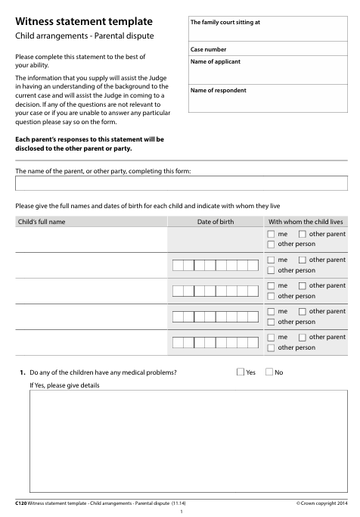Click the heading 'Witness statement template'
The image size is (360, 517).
[83, 23]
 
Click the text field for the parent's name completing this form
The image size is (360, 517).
[182, 183]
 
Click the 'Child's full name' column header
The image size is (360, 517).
[42, 222]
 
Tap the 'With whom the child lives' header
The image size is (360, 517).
[306, 222]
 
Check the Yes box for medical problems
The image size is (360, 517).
[241, 372]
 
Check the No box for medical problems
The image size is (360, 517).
[269, 372]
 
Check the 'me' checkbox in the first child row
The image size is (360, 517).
[272, 234]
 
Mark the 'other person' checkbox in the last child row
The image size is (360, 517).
[272, 347]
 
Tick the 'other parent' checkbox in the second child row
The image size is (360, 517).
[303, 260]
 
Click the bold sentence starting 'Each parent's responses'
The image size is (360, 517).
[89, 144]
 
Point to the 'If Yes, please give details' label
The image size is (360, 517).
[64, 386]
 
